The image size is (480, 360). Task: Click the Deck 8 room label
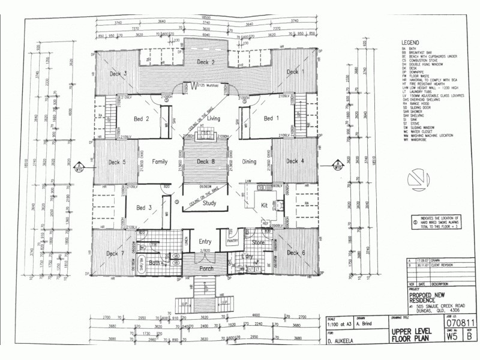[x=206, y=162]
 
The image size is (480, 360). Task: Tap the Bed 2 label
[x=142, y=119]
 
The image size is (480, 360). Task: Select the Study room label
[x=209, y=203]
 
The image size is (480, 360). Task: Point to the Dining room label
[x=249, y=162]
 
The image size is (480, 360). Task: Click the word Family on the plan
[x=160, y=162]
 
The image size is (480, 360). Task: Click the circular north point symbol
[x=416, y=178]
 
